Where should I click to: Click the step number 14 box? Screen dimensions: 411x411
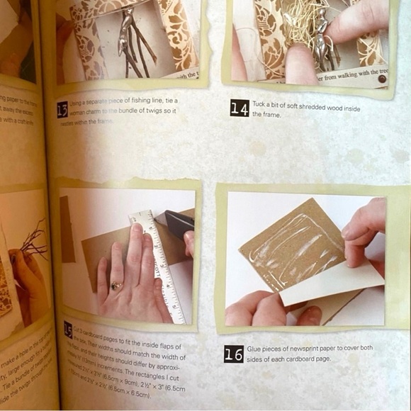point(239,108)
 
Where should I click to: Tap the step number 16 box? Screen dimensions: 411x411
point(233,354)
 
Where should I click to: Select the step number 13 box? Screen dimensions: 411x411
point(64,108)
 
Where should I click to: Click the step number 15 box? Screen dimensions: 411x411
point(68,328)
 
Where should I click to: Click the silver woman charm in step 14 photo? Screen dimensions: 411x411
point(323,35)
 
